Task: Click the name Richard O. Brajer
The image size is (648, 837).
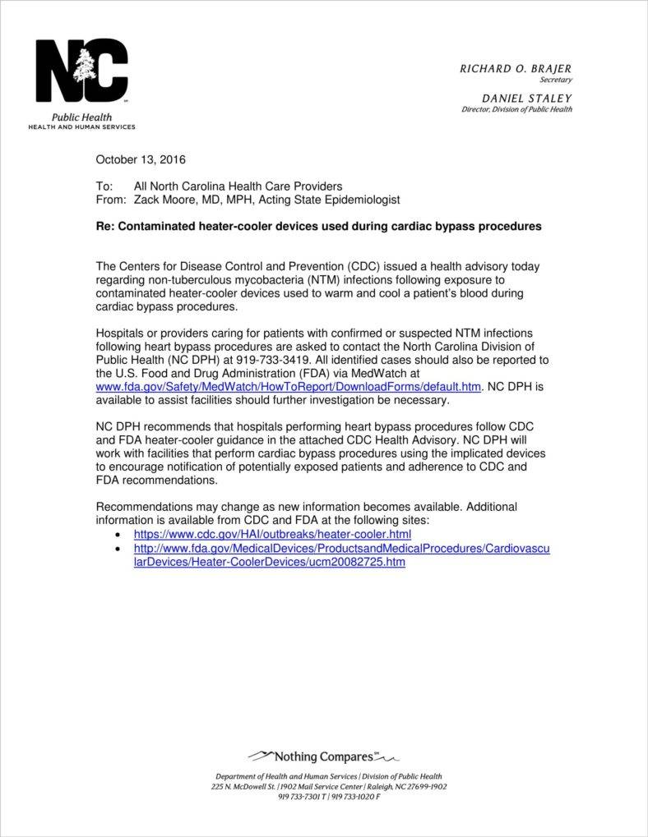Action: pyautogui.click(x=515, y=69)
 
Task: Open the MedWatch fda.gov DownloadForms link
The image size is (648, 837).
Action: pyautogui.click(x=288, y=386)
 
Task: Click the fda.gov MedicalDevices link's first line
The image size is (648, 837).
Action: pyautogui.click(x=341, y=548)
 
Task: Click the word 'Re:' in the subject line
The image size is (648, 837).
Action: pyautogui.click(x=105, y=227)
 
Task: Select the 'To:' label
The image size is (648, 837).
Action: pyautogui.click(x=104, y=186)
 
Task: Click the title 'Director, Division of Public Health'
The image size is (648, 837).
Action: pyautogui.click(x=516, y=109)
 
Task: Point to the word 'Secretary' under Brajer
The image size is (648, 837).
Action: pyautogui.click(x=555, y=80)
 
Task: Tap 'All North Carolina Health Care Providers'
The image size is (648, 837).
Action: pyautogui.click(x=238, y=186)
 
